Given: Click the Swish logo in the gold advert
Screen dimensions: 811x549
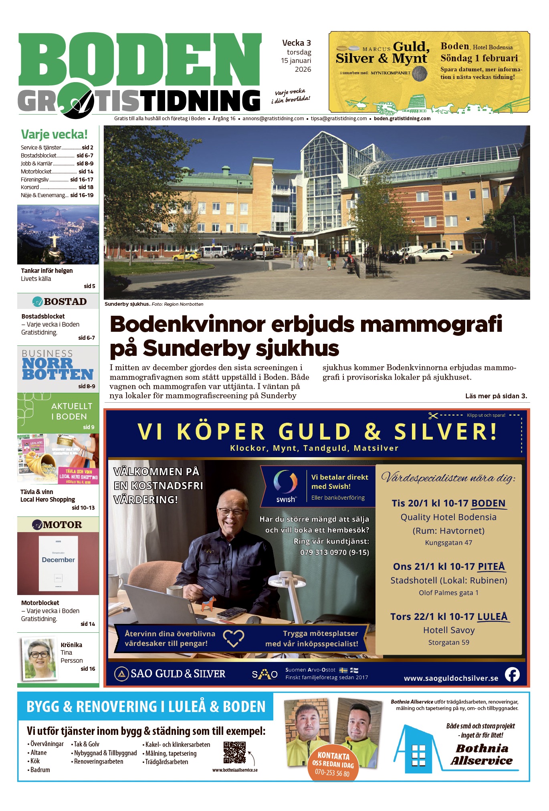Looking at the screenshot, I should point(285,486).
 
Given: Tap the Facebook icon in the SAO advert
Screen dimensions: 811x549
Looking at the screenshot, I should point(512,674).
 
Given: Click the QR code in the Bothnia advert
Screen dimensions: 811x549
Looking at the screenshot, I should point(234,752).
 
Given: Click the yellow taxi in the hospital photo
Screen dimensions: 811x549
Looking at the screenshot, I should point(186,255).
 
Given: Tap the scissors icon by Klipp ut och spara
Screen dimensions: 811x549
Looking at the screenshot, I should point(433,416).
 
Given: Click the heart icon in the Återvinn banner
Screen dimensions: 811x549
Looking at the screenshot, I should point(234,638).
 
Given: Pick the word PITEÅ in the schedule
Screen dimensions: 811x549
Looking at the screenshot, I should point(491,567).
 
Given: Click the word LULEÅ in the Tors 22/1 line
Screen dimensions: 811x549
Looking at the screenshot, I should point(493,617).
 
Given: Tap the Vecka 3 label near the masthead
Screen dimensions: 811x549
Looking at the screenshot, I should point(296,43).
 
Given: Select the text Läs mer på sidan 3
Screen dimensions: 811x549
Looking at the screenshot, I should point(496,396).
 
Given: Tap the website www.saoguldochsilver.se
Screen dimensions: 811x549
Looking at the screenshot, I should point(451,678).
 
